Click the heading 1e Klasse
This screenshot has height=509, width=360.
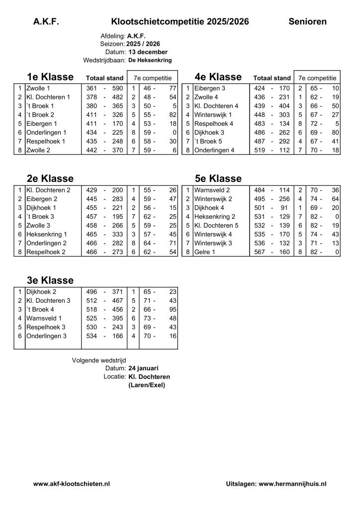(x=50, y=77)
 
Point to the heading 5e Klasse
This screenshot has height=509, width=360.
(x=218, y=178)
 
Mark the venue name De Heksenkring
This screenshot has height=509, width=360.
(x=150, y=60)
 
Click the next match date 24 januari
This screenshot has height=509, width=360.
(x=143, y=368)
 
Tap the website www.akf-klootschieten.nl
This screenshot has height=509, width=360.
(x=72, y=483)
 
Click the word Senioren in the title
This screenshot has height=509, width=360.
(x=307, y=21)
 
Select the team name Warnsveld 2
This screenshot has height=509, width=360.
(x=212, y=190)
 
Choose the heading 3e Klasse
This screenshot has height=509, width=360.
(x=50, y=280)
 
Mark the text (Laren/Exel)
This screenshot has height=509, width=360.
(x=146, y=385)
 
